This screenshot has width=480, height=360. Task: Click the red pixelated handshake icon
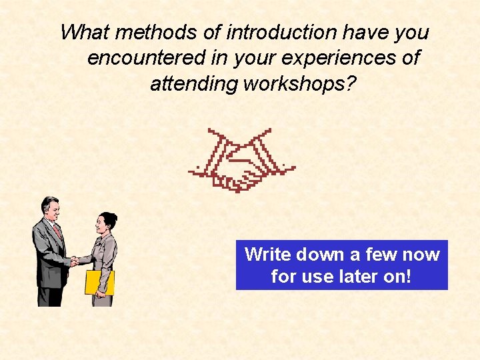(241, 160)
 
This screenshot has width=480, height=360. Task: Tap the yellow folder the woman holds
(99, 282)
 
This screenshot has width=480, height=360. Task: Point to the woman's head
(106, 223)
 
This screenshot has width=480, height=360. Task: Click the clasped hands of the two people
(75, 261)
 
